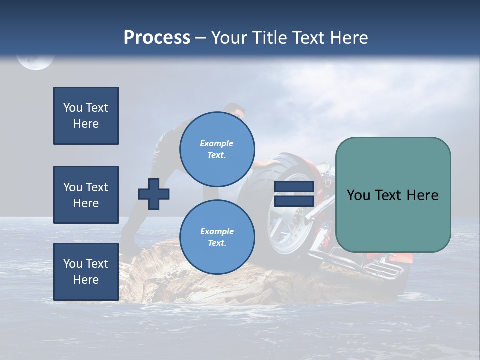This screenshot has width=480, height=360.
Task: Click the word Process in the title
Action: [157, 38]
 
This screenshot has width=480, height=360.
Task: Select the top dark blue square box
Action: [86, 116]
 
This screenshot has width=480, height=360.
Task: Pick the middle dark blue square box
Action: [86, 195]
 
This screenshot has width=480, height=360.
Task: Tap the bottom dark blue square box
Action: [86, 272]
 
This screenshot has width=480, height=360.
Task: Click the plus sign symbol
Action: [154, 194]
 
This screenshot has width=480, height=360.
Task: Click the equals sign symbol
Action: [294, 194]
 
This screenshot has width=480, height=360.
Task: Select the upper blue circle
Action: [217, 149]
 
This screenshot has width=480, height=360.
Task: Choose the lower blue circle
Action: [217, 237]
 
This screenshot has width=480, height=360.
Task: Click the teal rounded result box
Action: [393, 195]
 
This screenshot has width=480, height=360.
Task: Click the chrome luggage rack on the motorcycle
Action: [382, 270]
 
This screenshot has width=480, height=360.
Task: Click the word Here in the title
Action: [348, 38]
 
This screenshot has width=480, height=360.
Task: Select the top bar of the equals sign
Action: [294, 187]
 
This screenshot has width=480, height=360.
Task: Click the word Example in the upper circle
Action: [217, 143]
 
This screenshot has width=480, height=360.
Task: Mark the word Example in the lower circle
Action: [217, 231]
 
